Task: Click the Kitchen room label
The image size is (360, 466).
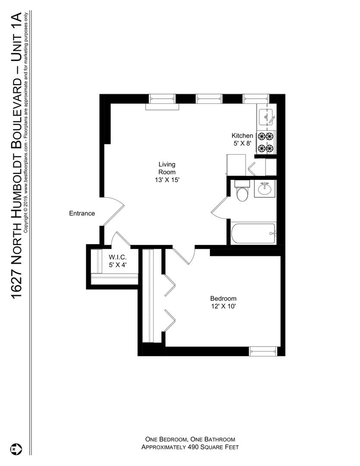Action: tap(242, 135)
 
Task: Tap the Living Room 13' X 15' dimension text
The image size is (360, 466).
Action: tap(167, 180)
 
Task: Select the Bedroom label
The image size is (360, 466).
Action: tap(223, 299)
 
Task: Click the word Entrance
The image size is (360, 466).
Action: tap(82, 214)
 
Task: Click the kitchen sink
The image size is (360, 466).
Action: tap(266, 117)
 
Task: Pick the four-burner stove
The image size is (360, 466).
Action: tap(266, 143)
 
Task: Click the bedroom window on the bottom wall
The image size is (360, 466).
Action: tap(263, 351)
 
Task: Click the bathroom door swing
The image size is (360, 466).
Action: tap(220, 208)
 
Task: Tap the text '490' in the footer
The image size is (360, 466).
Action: tap(192, 447)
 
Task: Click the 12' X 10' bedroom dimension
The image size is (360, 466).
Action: tap(223, 306)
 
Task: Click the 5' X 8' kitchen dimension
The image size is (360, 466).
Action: tap(242, 143)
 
